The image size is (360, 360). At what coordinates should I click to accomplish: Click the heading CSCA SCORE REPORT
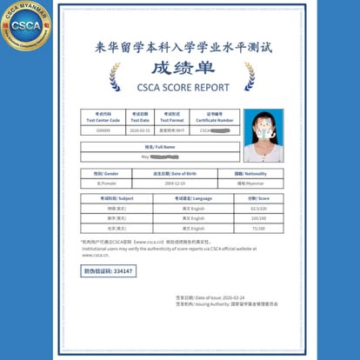pyautogui.click(x=183, y=87)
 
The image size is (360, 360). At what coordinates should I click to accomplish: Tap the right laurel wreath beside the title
pyautogui.click(x=250, y=77)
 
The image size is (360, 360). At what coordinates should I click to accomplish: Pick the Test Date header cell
pyautogui.click(x=140, y=117)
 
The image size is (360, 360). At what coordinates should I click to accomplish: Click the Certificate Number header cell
pyautogui.click(x=214, y=117)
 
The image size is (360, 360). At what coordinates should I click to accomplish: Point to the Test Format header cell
pyautogui.click(x=175, y=117)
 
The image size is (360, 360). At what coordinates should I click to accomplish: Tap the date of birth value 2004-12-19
pyautogui.click(x=176, y=184)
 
